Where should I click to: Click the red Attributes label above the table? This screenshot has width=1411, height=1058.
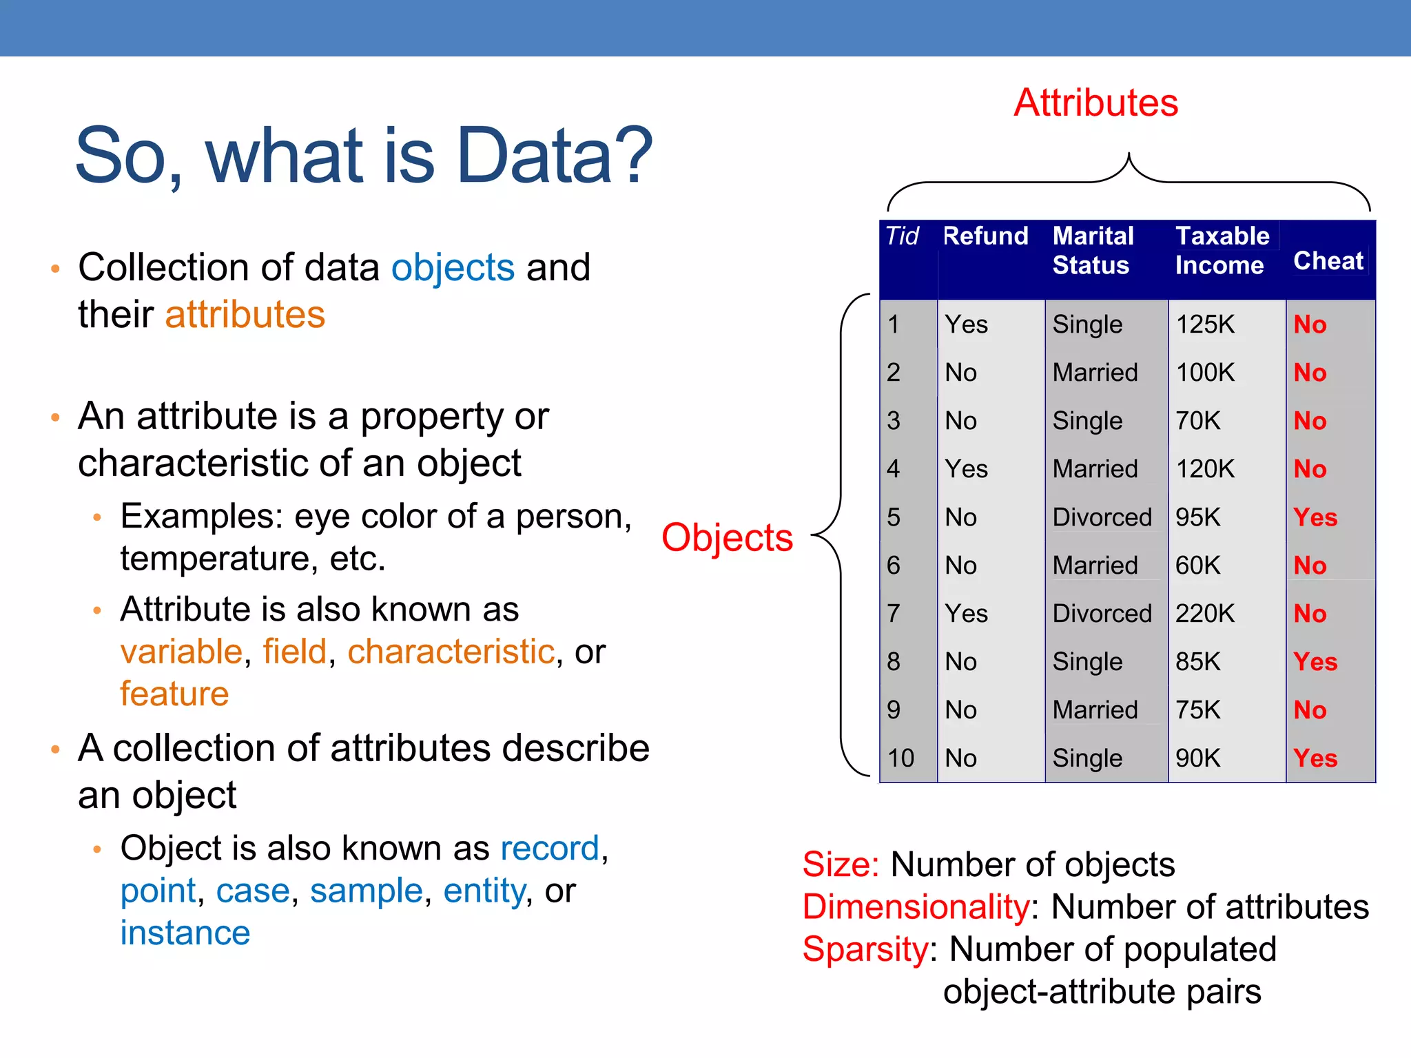click(x=1095, y=103)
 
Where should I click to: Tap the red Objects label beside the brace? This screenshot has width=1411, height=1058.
click(x=727, y=537)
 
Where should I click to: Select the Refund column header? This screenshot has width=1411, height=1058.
click(x=985, y=236)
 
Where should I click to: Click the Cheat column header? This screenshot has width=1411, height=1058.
click(x=1328, y=261)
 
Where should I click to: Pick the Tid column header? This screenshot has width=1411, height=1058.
click(x=902, y=236)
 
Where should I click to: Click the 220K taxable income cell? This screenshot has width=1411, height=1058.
click(x=1205, y=613)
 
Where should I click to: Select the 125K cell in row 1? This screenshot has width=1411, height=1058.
click(x=1205, y=324)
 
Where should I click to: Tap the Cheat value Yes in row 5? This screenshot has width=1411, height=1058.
click(x=1315, y=517)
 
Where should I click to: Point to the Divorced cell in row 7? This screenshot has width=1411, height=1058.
click(x=1102, y=613)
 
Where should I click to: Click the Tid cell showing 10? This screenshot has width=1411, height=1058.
click(x=900, y=758)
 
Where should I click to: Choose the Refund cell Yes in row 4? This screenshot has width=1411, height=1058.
click(x=966, y=469)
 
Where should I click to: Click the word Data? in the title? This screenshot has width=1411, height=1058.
click(x=554, y=156)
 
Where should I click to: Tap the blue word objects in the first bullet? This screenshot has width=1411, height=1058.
click(x=453, y=267)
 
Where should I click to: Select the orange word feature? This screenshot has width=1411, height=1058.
click(x=174, y=694)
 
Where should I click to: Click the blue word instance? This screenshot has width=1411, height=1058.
click(x=185, y=933)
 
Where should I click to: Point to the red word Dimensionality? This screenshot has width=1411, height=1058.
click(x=916, y=907)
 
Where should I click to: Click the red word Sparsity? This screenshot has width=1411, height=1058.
click(x=865, y=949)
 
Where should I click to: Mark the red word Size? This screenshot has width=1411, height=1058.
click(x=841, y=864)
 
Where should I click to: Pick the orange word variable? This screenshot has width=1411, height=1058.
click(x=181, y=652)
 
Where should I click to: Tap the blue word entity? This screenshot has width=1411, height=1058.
click(x=484, y=891)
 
